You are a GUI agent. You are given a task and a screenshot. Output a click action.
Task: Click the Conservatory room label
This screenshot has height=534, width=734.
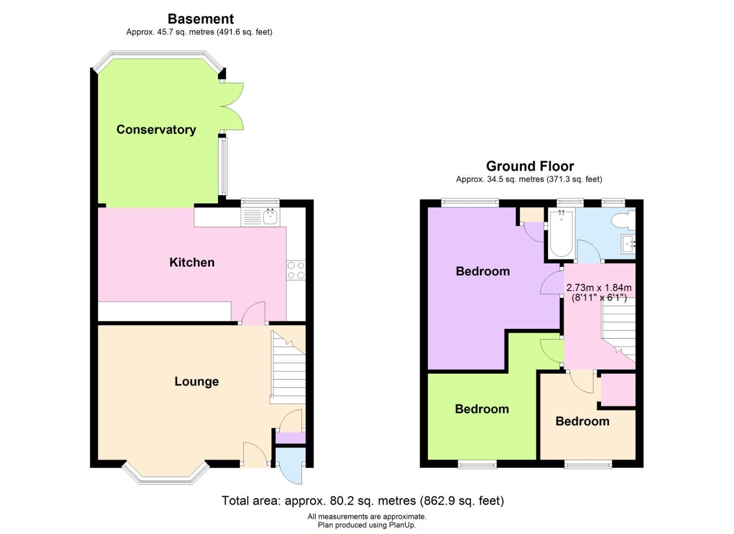(x=156, y=130)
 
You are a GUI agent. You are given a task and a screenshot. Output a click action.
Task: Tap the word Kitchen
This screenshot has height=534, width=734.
(x=192, y=262)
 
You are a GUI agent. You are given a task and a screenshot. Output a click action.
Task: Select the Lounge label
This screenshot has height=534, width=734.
(x=197, y=381)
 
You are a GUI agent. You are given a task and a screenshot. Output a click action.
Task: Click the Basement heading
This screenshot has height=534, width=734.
(x=201, y=19)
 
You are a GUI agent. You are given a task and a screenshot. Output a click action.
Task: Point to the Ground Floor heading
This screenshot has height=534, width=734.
(x=530, y=166)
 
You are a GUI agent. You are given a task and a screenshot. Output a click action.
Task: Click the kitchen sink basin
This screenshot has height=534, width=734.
(x=271, y=217)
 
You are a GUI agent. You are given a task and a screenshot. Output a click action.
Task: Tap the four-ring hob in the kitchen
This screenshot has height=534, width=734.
(x=296, y=270)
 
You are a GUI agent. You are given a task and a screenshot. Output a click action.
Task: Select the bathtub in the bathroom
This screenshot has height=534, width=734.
(x=561, y=233)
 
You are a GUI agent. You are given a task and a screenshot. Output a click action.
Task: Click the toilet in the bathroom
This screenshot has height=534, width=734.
(x=623, y=220)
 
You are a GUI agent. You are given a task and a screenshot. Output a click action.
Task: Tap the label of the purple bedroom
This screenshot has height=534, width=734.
(x=483, y=271)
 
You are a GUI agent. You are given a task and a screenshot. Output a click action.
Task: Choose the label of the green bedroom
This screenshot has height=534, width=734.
(x=482, y=409)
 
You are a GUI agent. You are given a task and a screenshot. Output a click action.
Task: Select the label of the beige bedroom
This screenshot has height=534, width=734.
(x=582, y=421)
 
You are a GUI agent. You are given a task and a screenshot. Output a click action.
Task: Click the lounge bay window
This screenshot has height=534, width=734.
(x=166, y=475)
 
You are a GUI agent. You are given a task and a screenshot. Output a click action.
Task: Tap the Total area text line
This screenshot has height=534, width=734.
(x=363, y=500)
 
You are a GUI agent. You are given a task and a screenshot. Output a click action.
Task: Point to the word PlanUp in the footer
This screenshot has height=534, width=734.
(x=402, y=525)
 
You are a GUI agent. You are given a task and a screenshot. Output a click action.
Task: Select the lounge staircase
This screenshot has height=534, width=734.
(x=288, y=367)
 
